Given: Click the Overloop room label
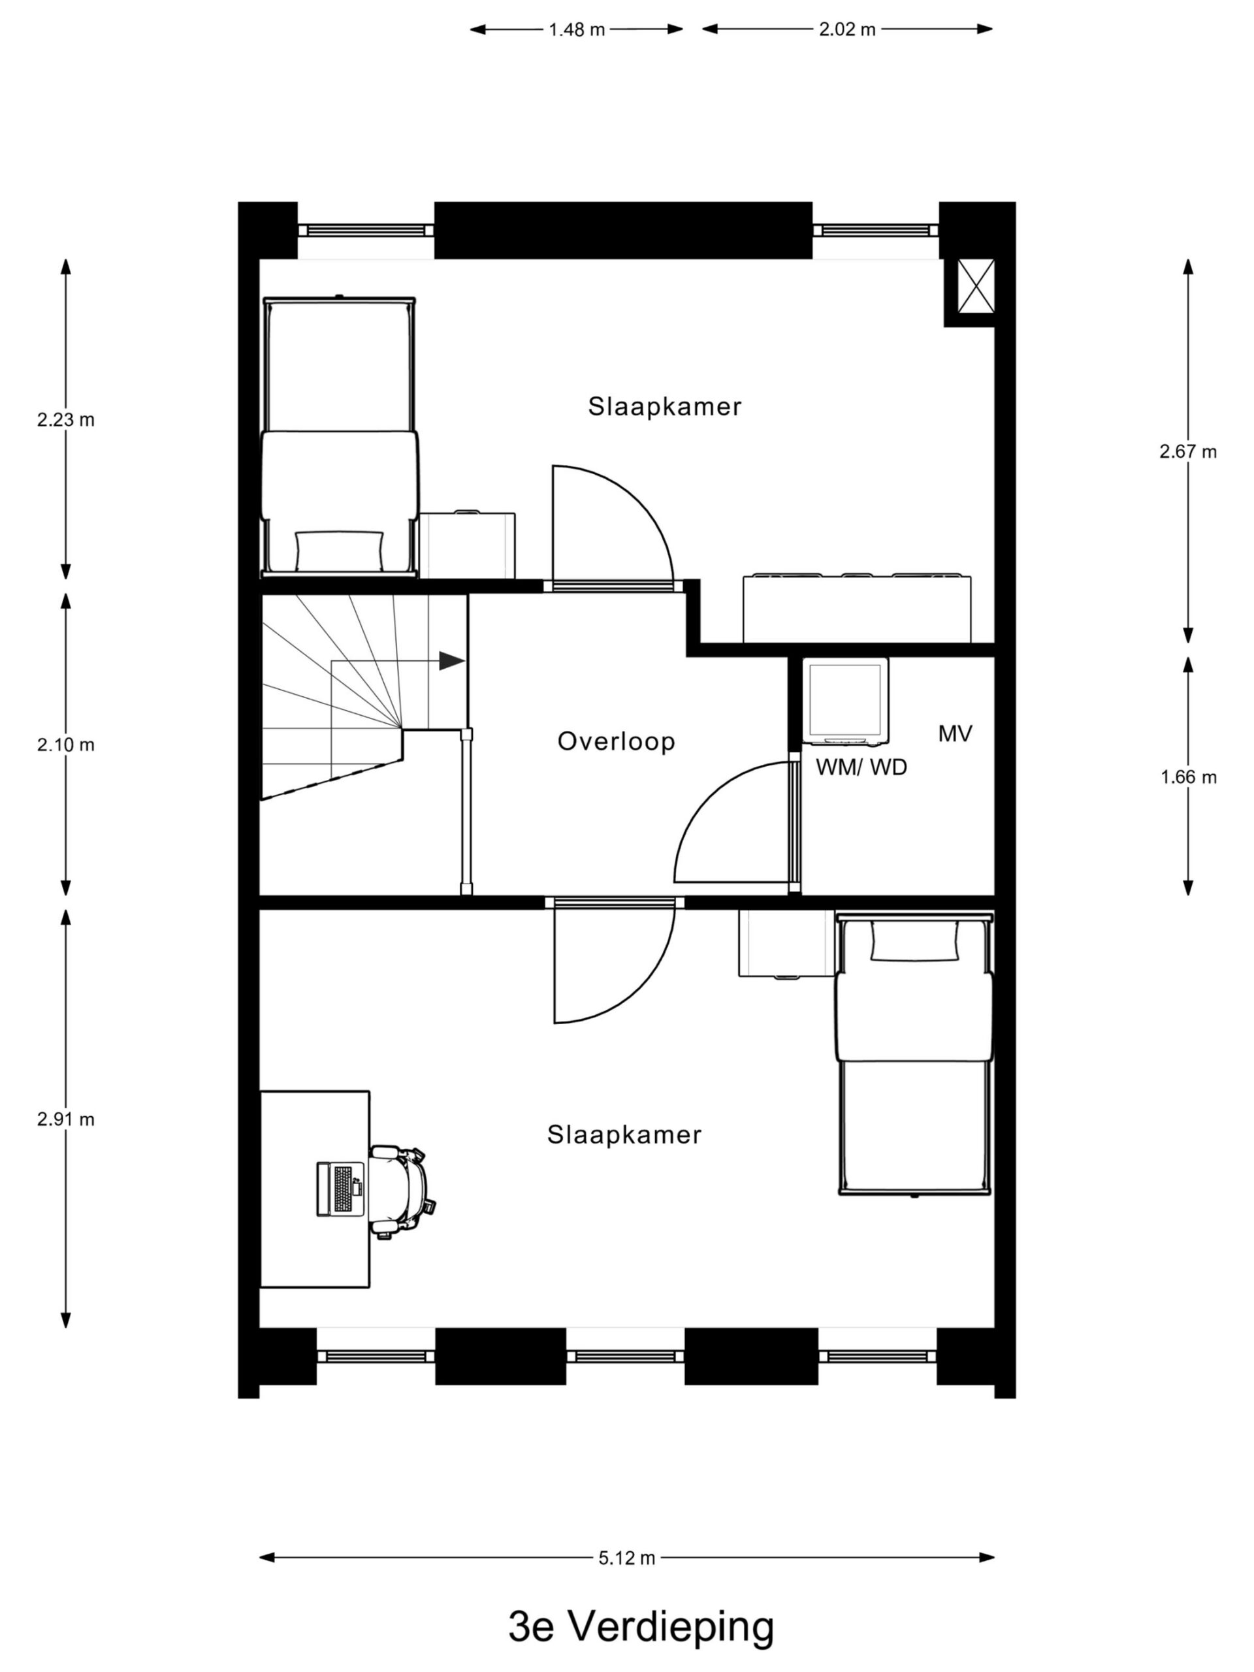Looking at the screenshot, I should pos(615,741).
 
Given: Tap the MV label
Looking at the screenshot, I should pos(955,733).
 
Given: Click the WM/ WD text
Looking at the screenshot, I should pos(861,767).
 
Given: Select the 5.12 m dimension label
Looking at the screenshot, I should pos(626,1558).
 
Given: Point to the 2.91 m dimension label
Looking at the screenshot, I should pos(66,1119).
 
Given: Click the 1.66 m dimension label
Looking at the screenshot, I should pos(1188,777).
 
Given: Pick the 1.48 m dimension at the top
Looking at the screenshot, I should pos(577,30).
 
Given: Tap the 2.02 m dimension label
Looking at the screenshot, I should pos(846,30).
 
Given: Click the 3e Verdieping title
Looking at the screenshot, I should pos(641,1628).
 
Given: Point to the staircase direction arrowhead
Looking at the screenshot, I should pos(451,661).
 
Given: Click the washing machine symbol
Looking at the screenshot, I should pos(845,700).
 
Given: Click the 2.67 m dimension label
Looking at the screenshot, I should pos(1188,452).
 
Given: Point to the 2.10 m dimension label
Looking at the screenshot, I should pos(66,745).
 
